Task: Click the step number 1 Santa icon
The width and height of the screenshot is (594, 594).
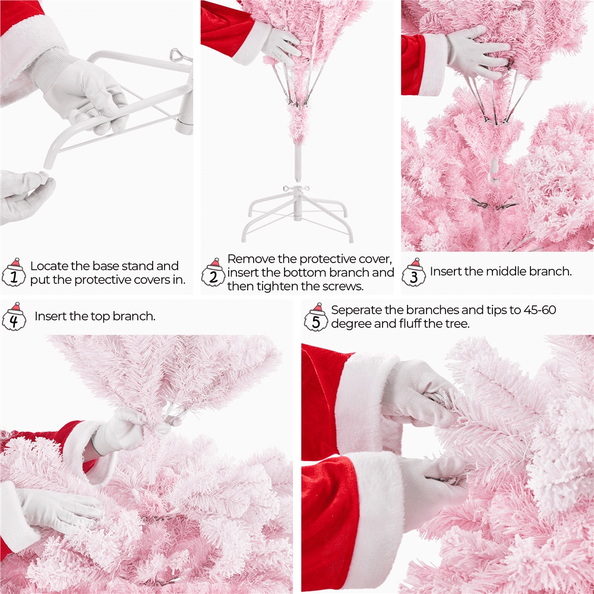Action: pos(14,273)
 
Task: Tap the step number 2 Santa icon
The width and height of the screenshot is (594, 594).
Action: pos(214,273)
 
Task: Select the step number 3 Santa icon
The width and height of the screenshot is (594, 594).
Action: pos(413,273)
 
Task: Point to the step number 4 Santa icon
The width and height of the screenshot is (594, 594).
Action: pos(14,317)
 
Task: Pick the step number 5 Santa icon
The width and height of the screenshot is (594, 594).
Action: pos(316,317)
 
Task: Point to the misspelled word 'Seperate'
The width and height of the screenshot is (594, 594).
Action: pos(356,311)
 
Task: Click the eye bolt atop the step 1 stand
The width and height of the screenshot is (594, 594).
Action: pos(177,55)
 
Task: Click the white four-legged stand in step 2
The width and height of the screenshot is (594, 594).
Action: pos(298,214)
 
